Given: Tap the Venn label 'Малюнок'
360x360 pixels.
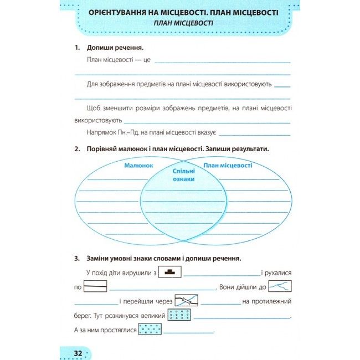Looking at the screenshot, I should (x=138, y=166).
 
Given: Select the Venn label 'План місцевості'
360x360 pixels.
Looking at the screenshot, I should (x=228, y=166).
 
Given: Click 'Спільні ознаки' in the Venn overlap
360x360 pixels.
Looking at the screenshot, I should (x=183, y=176).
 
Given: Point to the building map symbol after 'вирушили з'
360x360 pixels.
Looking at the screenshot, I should (x=170, y=272).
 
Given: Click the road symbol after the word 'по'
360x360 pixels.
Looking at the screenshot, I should (x=95, y=287).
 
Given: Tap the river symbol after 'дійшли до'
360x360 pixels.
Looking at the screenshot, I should (x=280, y=287).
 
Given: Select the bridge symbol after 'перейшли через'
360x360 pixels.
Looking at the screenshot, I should (x=186, y=301).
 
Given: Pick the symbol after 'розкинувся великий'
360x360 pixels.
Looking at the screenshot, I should (x=179, y=316).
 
